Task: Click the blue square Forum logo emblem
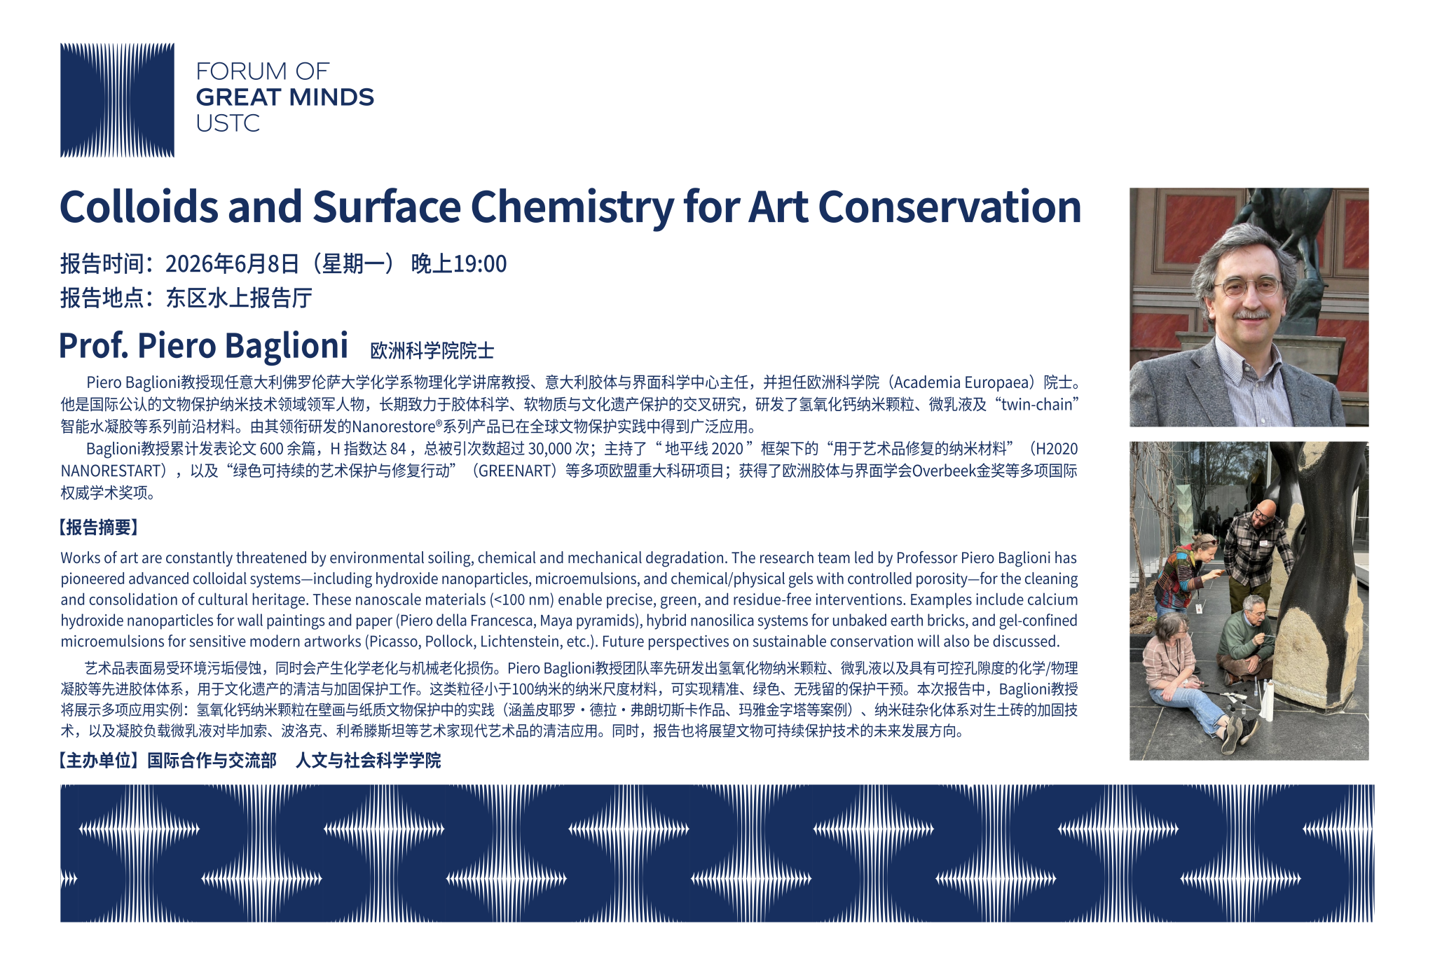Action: tap(117, 100)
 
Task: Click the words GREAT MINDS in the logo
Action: tap(285, 97)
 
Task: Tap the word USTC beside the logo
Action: tap(228, 123)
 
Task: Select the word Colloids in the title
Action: tap(139, 207)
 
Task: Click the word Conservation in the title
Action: tap(949, 207)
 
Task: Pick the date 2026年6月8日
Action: tap(232, 264)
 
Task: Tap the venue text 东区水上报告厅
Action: tap(239, 298)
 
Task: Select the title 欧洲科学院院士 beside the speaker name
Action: tap(432, 350)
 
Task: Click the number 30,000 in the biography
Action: tap(550, 449)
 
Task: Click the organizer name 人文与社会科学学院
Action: tap(369, 761)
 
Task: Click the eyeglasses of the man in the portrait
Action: tap(1248, 286)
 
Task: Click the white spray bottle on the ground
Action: tap(1267, 700)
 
